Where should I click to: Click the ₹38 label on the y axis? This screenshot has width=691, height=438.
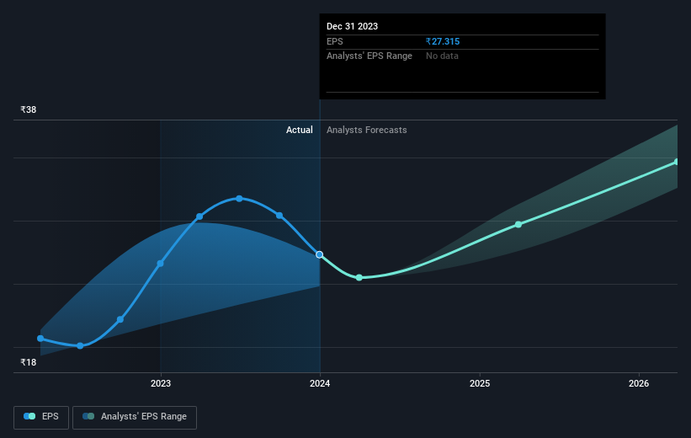(29, 109)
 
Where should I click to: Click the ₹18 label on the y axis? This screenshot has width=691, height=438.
(29, 362)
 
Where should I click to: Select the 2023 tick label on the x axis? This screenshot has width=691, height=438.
(161, 383)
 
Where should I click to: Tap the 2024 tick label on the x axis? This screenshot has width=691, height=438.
(320, 383)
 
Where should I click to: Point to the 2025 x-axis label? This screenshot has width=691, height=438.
(480, 383)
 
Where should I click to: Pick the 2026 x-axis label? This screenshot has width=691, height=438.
(639, 383)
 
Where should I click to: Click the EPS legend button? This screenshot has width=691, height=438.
(41, 417)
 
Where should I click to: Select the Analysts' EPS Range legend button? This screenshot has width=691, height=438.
(135, 417)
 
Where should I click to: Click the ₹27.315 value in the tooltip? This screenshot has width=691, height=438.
(443, 41)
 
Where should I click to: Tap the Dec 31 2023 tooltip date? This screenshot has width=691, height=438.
(352, 26)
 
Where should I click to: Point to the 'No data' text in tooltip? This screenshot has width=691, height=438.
(442, 56)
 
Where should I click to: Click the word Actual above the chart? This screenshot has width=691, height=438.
(300, 130)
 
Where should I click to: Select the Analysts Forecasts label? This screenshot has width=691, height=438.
(367, 130)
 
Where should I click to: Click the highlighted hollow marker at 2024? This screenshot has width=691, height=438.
(320, 254)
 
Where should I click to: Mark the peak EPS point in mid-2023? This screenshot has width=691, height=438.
(239, 199)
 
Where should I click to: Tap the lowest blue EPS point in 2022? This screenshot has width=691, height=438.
(80, 346)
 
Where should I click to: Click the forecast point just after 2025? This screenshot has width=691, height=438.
(518, 225)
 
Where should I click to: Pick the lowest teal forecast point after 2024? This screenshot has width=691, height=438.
(359, 277)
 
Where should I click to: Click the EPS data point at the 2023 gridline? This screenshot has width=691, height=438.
(161, 264)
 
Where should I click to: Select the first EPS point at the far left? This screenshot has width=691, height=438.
(40, 339)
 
